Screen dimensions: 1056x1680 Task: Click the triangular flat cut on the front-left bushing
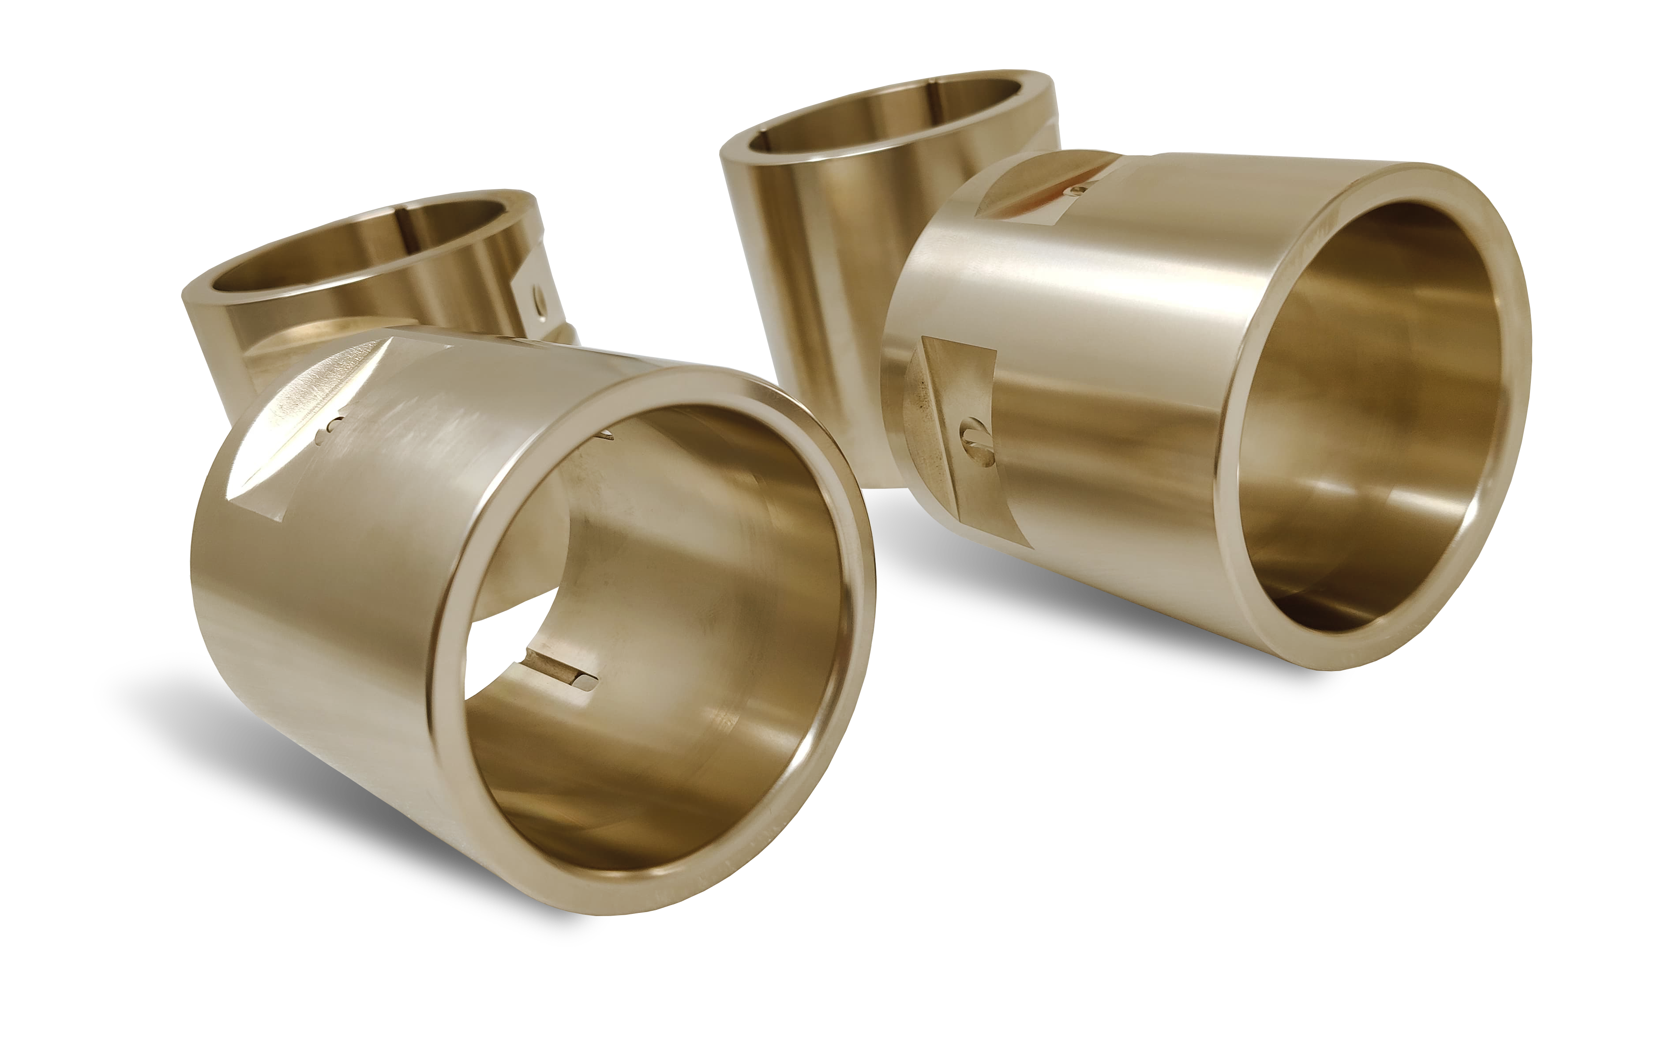[293, 447]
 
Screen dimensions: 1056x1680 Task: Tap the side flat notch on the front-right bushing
[959, 433]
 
